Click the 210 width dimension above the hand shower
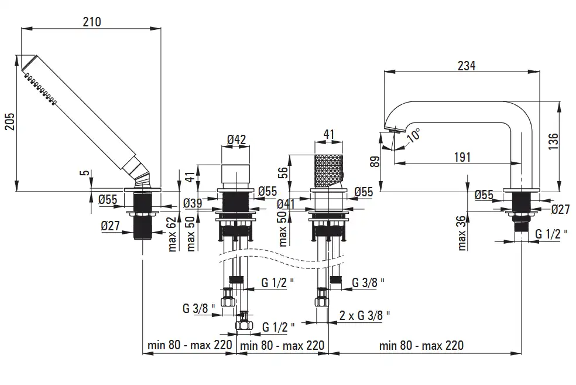pos(91,22)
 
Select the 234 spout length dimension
pos(467,66)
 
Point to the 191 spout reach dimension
pos(462,157)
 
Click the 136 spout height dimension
pos(553,141)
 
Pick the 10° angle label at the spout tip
pos(414,135)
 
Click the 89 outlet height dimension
pos(375,162)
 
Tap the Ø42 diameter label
pos(236,139)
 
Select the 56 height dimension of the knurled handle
pos(283,172)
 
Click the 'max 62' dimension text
pos(172,234)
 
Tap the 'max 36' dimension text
pos(462,233)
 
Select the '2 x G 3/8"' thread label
pos(365,315)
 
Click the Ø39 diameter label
pos(193,203)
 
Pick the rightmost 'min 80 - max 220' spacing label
pos(421,345)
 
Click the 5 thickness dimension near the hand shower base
pos(85,172)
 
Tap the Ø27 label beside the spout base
pos(561,209)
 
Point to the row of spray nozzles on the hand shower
pos(40,88)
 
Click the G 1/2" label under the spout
pos(551,233)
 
